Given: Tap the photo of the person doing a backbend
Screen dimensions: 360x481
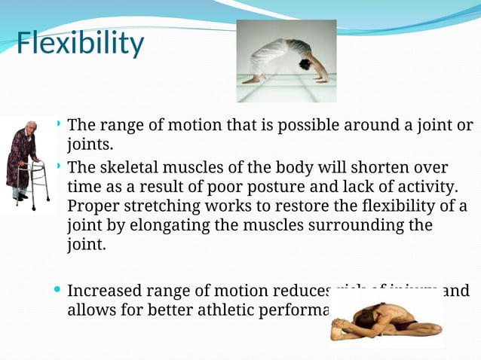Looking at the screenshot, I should (x=286, y=61).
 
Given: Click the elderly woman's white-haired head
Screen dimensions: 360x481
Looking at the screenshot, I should (x=30, y=127).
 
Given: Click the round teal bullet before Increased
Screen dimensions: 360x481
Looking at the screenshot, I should (x=59, y=290).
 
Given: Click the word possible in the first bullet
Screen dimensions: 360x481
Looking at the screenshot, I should (x=307, y=124).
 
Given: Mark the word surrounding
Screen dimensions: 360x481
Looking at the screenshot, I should (x=351, y=225).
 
